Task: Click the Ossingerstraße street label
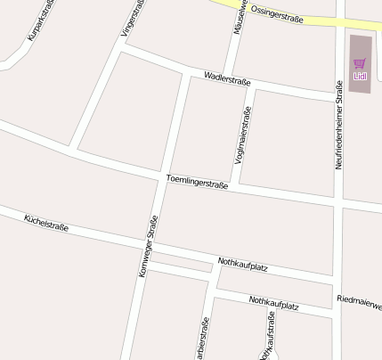278,13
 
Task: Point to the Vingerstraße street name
129,19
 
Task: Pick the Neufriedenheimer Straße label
338,126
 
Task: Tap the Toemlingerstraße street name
197,183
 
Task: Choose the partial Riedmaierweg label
360,300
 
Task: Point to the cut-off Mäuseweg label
239,16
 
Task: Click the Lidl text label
360,76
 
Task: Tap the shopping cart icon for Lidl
360,63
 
